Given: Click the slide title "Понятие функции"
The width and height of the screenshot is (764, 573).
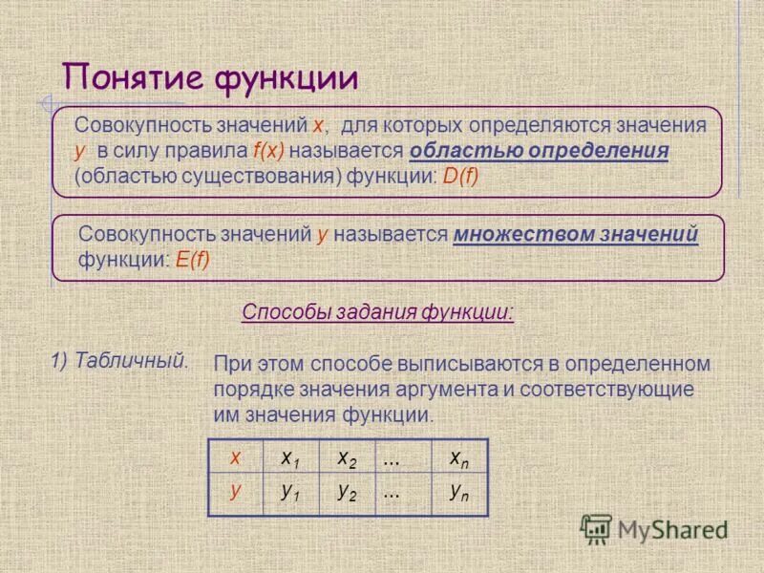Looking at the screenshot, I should click(210, 77).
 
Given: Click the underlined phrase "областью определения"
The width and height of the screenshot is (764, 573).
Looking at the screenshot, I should click(539, 152).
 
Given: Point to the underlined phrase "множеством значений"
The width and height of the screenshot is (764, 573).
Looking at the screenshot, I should click(576, 234).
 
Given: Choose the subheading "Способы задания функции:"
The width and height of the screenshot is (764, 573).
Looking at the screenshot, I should click(378, 312).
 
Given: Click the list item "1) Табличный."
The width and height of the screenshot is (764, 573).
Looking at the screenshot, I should click(118, 360).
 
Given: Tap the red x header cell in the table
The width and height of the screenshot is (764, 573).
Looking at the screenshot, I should click(235, 457).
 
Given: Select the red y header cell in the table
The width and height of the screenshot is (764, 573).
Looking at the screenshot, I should click(235, 492).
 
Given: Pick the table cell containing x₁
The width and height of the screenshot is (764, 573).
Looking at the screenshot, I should click(290, 458).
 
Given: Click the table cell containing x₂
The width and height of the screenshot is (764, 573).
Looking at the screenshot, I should click(347, 458).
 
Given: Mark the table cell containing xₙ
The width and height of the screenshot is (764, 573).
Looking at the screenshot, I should click(459, 458).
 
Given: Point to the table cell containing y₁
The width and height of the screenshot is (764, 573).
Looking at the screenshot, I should click(290, 493).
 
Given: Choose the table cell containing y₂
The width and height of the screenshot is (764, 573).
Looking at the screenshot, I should click(347, 493).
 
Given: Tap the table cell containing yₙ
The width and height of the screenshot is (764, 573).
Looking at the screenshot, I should click(459, 493).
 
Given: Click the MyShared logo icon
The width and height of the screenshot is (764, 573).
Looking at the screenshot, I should click(596, 529).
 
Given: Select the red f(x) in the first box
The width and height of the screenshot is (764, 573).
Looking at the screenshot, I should click(270, 152).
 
